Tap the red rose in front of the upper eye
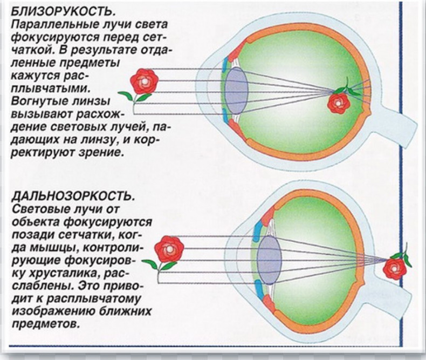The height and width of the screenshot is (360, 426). pyautogui.click(x=144, y=81)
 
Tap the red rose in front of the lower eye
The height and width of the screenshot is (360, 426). pyautogui.click(x=169, y=249)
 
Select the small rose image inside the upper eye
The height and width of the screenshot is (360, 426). pyautogui.click(x=339, y=102)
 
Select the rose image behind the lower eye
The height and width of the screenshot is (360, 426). pyautogui.click(x=395, y=267)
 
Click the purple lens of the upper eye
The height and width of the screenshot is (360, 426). pyautogui.click(x=236, y=90)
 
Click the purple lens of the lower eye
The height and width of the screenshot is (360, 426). pyautogui.click(x=269, y=260)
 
